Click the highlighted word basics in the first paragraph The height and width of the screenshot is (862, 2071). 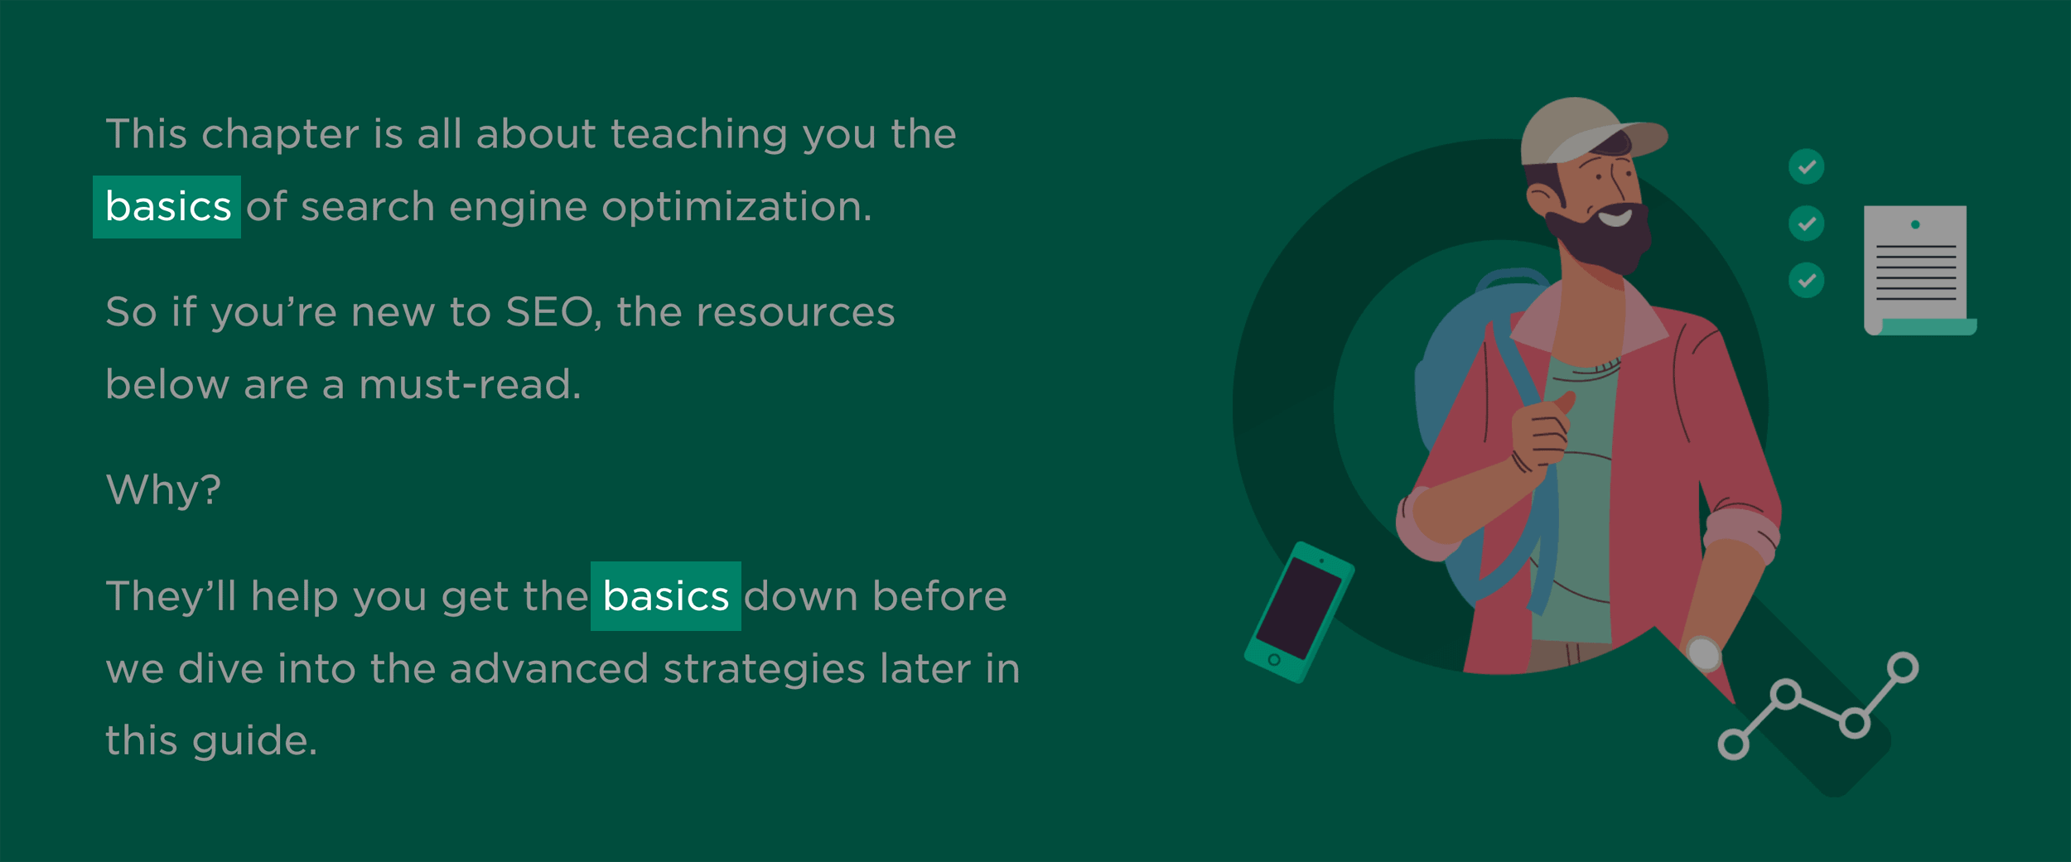click(167, 206)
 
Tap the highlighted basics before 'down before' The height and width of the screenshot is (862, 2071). click(666, 596)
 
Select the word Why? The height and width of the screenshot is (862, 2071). click(164, 489)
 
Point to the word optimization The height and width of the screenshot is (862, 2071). click(736, 207)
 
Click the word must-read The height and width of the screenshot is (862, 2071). click(470, 385)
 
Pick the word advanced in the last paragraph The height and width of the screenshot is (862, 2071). click(548, 667)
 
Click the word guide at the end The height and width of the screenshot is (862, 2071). click(254, 741)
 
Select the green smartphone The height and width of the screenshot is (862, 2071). click(1299, 612)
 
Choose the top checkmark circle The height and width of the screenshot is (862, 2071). click(1807, 166)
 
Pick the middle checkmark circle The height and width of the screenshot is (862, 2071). click(1807, 224)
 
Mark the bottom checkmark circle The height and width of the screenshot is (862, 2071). click(1807, 280)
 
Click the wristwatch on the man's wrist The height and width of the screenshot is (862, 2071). click(1704, 653)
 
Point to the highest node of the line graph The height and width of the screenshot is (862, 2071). click(1903, 667)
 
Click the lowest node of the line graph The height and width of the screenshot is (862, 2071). click(1734, 744)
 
